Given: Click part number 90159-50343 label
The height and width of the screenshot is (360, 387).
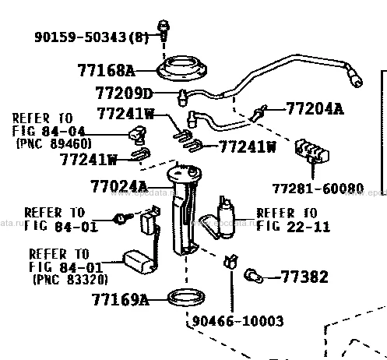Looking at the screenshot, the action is click(x=80, y=37).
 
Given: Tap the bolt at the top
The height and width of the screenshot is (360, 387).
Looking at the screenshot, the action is click(x=164, y=30).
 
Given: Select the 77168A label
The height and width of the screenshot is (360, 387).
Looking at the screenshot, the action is click(x=106, y=70).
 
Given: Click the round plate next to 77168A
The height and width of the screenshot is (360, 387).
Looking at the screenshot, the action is click(x=181, y=69).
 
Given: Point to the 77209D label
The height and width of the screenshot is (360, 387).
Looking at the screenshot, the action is click(x=124, y=93).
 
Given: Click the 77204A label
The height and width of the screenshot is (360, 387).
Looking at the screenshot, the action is click(x=315, y=108).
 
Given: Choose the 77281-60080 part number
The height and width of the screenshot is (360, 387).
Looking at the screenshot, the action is click(x=318, y=189).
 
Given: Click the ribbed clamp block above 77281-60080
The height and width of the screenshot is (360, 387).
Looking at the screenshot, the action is click(x=311, y=151).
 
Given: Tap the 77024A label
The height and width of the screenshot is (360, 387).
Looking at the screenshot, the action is click(x=118, y=186).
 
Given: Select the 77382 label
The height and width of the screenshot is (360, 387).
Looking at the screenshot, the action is click(x=304, y=277).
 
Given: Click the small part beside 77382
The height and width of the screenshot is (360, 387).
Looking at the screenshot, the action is click(x=254, y=276).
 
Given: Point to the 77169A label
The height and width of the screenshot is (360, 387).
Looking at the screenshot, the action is click(x=120, y=299).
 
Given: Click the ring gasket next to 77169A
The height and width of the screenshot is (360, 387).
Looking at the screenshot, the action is click(x=186, y=298).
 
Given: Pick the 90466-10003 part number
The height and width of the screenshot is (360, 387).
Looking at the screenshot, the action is click(x=237, y=321).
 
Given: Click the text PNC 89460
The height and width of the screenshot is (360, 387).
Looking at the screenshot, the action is click(x=54, y=143).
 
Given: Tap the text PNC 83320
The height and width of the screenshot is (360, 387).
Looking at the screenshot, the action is click(x=70, y=280).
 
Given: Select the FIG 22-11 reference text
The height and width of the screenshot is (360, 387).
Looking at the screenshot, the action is click(x=293, y=227).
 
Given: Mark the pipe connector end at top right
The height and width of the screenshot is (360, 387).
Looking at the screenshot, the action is click(x=354, y=76).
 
